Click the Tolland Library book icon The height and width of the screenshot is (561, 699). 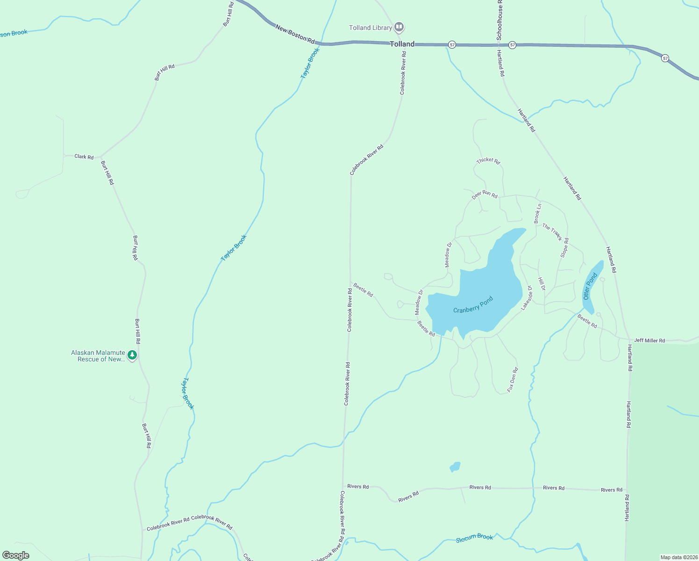tap(399, 27)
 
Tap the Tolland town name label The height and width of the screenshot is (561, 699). tap(402, 44)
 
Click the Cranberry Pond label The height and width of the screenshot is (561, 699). tap(473, 305)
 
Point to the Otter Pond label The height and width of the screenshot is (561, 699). tap(590, 286)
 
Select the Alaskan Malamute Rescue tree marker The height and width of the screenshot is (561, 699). tap(133, 355)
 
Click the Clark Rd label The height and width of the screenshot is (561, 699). tap(84, 157)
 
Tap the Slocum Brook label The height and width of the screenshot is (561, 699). tap(474, 538)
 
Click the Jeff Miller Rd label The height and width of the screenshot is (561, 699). tap(649, 340)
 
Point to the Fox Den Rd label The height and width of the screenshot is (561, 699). tap(513, 380)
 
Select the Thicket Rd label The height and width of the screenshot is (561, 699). tap(488, 161)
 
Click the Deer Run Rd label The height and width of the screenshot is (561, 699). tap(485, 194)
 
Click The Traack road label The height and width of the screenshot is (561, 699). tap(552, 232)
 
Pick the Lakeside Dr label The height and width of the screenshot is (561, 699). tap(527, 298)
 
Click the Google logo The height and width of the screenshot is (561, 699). tap(16, 555)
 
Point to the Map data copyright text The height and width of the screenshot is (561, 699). tap(678, 557)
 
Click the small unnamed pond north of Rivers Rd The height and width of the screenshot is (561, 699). tap(455, 467)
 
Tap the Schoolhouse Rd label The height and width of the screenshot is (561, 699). tap(499, 21)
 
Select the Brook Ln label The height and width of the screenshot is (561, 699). tap(538, 213)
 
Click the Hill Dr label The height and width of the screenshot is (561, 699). tap(542, 284)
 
